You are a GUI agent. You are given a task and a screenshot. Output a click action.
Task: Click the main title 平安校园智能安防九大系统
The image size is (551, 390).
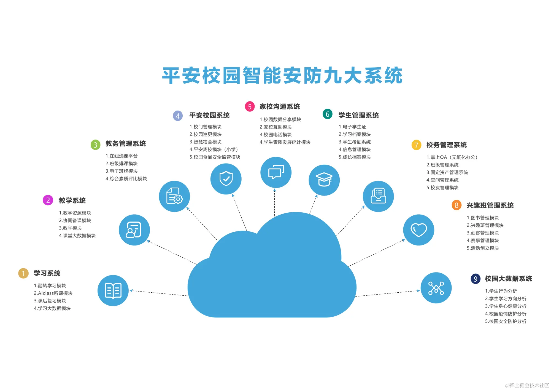(282, 75)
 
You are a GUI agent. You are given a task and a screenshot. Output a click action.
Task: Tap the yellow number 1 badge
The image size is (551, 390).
(23, 273)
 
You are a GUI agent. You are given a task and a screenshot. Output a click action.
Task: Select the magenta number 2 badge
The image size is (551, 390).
(48, 200)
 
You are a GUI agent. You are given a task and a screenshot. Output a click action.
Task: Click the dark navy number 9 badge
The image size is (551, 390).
(476, 279)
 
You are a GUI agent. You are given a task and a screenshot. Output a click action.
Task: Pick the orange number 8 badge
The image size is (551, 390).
(457, 205)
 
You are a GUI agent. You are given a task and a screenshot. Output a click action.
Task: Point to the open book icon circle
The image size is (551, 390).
(113, 290)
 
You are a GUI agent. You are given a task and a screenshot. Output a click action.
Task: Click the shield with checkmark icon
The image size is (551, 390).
(226, 179)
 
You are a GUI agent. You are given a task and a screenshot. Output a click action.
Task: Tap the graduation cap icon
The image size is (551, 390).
(324, 180)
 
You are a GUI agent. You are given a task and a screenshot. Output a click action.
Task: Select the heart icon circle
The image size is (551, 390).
(418, 230)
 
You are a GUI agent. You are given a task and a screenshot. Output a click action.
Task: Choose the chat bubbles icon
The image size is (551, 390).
(276, 172)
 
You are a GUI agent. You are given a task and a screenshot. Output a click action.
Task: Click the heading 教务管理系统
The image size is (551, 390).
(126, 144)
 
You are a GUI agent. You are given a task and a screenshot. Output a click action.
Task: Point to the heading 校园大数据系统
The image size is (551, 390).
(508, 279)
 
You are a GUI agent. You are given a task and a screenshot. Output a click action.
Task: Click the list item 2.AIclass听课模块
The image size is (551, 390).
(53, 293)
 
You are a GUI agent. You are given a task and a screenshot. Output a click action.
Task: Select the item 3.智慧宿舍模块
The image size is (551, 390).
(206, 142)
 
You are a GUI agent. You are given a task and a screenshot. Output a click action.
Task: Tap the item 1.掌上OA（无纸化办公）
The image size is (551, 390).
(452, 157)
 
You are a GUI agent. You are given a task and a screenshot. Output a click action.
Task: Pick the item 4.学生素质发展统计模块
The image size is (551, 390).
(285, 142)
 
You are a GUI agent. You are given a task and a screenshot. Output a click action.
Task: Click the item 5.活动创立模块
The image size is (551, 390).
(483, 248)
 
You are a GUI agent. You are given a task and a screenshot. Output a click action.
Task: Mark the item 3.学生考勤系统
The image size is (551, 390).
(355, 142)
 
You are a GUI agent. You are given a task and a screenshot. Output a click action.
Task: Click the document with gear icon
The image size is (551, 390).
(174, 196)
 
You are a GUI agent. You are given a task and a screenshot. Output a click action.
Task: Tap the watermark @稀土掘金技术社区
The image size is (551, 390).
(527, 385)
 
